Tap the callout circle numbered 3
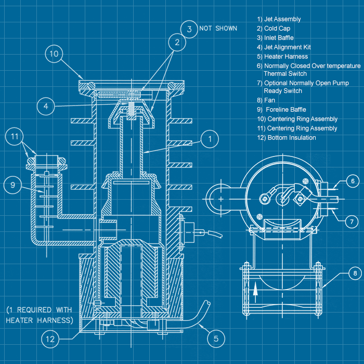click(x=189, y=29)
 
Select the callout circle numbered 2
click(x=177, y=43)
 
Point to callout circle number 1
click(x=210, y=139)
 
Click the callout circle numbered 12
click(x=50, y=339)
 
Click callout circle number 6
click(x=353, y=181)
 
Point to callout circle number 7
click(x=353, y=222)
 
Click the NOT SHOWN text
click(x=218, y=28)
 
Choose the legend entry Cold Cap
click(x=274, y=29)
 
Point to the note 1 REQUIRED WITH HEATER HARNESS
click(x=39, y=315)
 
